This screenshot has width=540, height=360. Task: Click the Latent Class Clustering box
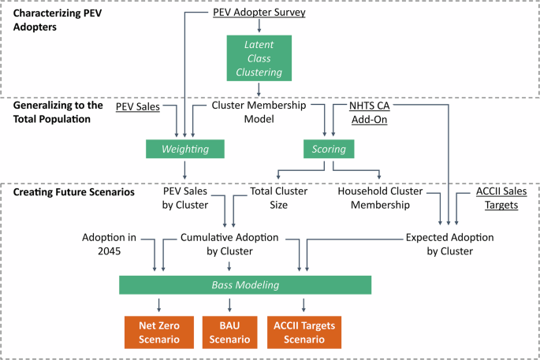coord(259,58)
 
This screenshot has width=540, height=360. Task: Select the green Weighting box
coord(185,147)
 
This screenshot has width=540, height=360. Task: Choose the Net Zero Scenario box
coord(159,332)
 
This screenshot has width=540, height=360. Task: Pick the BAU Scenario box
coord(229,332)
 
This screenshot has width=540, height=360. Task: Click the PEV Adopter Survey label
coord(259,13)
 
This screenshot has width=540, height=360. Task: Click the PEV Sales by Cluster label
coord(185,198)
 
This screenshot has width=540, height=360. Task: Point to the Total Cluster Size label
coord(278,198)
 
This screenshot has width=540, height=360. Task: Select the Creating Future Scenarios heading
coord(71,191)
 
